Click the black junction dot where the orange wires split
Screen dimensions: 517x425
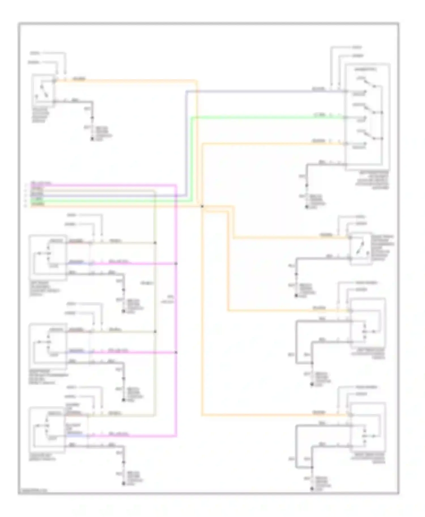point(202,206)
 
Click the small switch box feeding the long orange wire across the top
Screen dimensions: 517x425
point(44,90)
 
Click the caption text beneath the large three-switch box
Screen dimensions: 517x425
point(372,180)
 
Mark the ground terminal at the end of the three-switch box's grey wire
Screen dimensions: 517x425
point(307,207)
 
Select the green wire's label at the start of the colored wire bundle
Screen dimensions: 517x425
point(37,200)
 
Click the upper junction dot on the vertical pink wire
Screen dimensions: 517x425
point(176,264)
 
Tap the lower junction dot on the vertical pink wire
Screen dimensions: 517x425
point(176,352)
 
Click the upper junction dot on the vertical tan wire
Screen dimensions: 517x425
point(155,243)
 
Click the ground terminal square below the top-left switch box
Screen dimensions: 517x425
point(92,139)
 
